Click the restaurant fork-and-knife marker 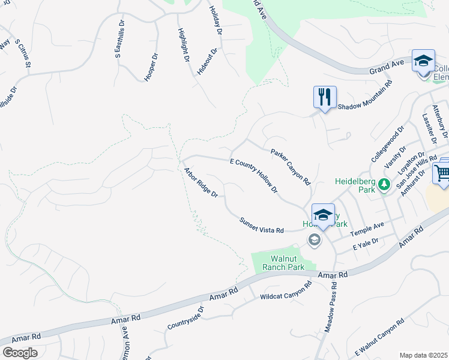click(325, 97)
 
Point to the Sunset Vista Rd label click(261, 226)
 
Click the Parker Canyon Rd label click(290, 166)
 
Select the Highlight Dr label click(184, 45)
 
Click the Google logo click(19, 353)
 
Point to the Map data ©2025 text click(424, 355)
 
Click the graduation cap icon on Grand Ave click(423, 61)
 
